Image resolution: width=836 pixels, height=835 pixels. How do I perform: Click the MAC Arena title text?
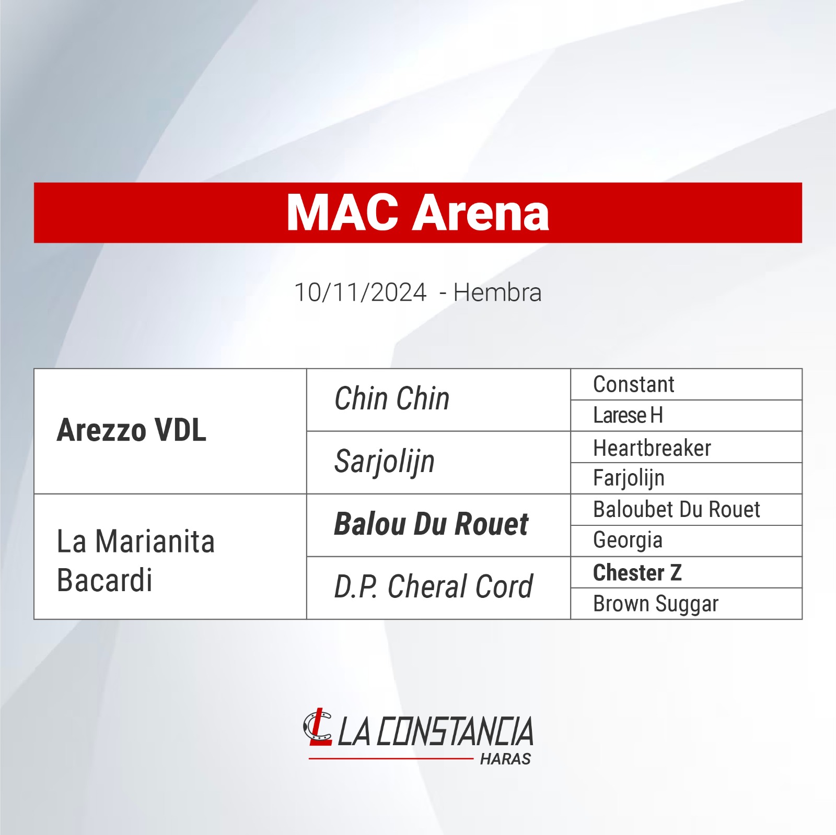point(418,213)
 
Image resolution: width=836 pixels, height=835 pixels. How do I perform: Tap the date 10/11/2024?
point(361,292)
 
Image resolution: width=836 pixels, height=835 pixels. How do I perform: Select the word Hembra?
point(497,292)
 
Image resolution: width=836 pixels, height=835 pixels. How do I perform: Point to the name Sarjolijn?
point(385,462)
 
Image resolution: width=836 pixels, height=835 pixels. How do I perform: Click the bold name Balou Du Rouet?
point(431,524)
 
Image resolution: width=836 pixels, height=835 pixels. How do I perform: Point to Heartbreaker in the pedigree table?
point(652,448)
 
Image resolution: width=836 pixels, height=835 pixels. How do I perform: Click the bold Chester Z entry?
point(637,572)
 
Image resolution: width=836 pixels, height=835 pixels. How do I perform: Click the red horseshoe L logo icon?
point(318,726)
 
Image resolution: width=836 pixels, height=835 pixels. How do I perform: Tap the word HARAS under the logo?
point(505,759)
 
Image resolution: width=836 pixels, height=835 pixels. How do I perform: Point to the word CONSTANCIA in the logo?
point(455,731)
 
